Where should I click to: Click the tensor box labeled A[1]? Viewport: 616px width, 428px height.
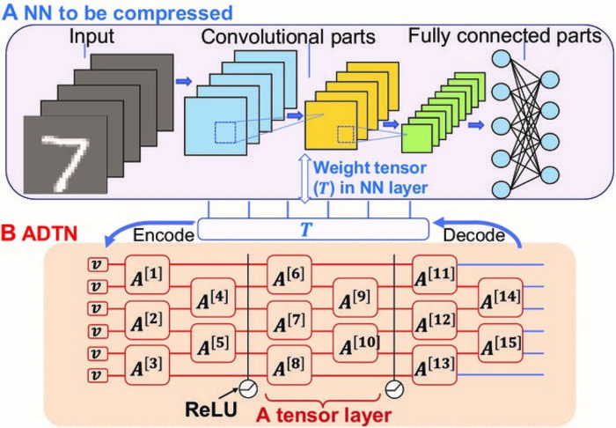click(148, 275)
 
